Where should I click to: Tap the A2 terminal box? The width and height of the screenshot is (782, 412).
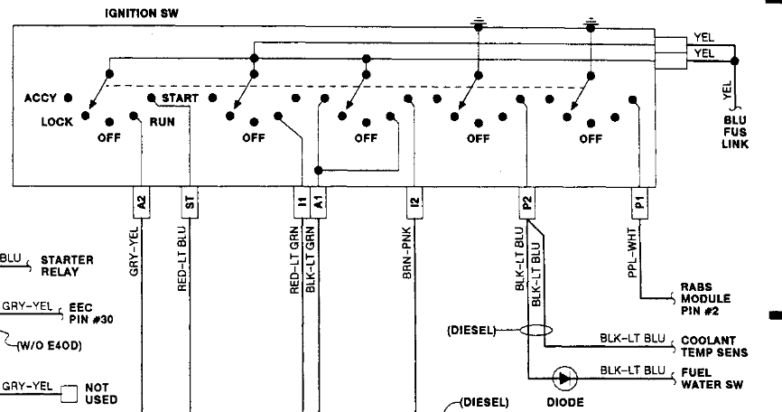point(142,204)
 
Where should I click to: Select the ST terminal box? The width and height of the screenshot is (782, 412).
point(189,204)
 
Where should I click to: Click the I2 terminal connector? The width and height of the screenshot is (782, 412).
point(414,204)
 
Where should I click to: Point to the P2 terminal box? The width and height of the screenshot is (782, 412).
point(527,204)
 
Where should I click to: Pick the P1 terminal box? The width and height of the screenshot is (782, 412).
point(639,204)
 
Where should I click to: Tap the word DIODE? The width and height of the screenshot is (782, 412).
point(566,402)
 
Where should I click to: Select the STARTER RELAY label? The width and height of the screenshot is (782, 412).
point(66,265)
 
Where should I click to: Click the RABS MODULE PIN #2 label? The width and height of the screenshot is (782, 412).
point(706,298)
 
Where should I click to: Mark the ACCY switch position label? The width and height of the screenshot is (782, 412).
point(41,98)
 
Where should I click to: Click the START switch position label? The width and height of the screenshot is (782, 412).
point(181,98)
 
